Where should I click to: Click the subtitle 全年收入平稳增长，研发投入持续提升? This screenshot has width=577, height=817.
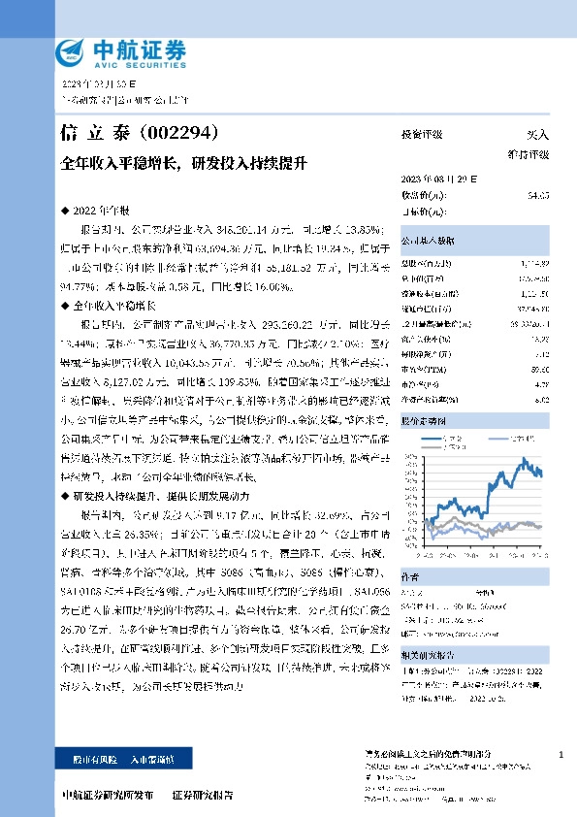pos(183,162)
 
